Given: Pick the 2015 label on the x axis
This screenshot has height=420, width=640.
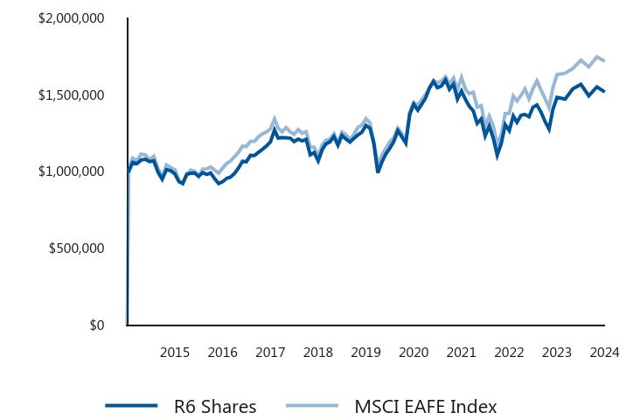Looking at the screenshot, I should pos(175,352).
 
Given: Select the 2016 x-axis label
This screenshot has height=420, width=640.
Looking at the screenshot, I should pos(223,352).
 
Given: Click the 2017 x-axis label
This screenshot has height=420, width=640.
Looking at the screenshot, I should pos(270,352).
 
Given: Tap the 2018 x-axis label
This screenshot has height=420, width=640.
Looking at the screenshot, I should pos(318,352).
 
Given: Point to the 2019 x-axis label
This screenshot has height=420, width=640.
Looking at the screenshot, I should pos(365,352).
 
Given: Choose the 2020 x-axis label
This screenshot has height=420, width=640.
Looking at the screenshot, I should pos(414,352).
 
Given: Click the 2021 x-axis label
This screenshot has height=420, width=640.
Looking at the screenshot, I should pos(461,352).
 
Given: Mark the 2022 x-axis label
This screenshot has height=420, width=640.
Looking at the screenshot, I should pos(509,352).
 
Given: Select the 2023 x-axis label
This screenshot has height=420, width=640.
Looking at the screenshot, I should pos(556,352).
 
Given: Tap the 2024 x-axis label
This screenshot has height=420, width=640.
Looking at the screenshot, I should pos(604,352).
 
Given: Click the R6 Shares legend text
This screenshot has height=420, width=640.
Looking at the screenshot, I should pos(215,406).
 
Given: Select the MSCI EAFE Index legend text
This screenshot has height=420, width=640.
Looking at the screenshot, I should pos(426,406).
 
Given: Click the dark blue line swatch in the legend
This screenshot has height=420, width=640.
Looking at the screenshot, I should pos(131,405).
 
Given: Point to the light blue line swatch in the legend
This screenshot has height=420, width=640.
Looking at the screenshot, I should pos(312,405).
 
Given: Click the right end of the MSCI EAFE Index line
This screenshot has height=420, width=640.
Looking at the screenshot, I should pos(604,60).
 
